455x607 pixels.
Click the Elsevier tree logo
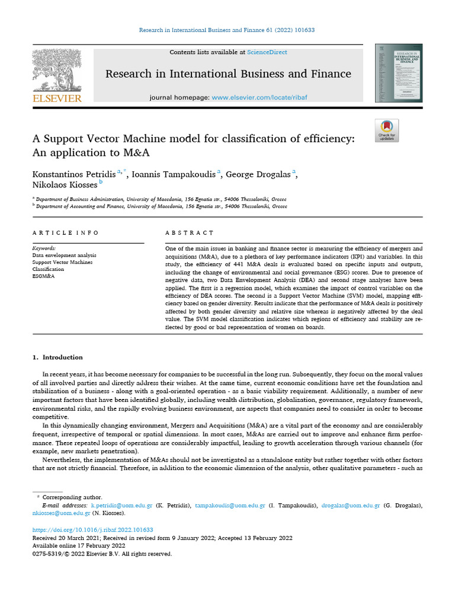coord(56,69)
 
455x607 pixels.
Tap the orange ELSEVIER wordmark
coord(57,98)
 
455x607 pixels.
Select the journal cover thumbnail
coord(398,72)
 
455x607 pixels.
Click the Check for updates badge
coord(387,130)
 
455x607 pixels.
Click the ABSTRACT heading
coord(189,233)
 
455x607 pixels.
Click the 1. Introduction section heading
coord(57,357)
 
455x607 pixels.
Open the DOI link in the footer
coord(92,530)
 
